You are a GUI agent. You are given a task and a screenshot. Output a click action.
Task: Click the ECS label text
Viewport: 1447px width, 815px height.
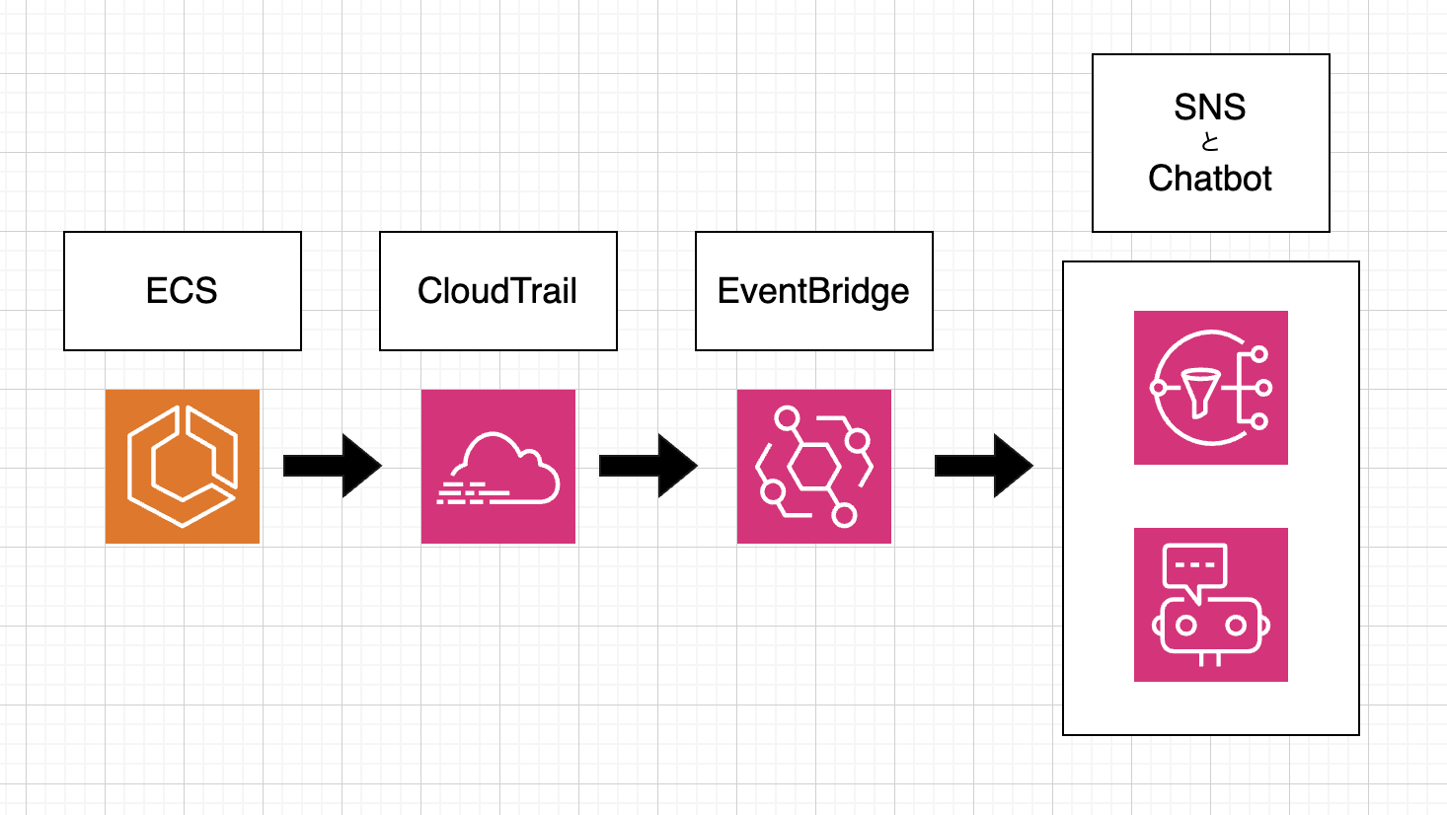pos(182,291)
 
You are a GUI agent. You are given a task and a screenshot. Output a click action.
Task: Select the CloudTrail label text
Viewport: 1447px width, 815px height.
pos(497,291)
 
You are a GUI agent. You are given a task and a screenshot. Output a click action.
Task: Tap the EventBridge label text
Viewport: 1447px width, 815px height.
pos(813,292)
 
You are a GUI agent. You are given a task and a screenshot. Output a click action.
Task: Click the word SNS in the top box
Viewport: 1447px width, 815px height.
pos(1210,107)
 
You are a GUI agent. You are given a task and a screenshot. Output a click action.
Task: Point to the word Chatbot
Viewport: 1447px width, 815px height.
pos(1210,179)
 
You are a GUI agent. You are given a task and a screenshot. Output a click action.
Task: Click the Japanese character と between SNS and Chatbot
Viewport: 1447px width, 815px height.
pos(1210,142)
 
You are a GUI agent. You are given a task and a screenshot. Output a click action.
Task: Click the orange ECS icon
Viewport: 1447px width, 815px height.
pos(183,467)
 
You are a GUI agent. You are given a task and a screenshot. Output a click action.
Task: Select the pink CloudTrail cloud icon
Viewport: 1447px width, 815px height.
pos(498,467)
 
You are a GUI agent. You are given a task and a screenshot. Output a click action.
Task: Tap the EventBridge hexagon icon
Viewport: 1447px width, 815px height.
pos(814,467)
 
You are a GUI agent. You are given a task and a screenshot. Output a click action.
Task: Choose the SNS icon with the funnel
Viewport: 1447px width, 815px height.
pos(1211,388)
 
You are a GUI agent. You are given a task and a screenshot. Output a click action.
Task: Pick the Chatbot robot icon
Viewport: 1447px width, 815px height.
pos(1211,605)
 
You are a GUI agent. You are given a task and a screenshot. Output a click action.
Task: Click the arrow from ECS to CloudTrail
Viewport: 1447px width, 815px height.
pos(332,466)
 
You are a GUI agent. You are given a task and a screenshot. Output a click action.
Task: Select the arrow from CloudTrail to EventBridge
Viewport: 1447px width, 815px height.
pos(647,466)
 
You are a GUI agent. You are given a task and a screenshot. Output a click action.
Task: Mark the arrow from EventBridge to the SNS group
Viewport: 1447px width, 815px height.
pos(983,466)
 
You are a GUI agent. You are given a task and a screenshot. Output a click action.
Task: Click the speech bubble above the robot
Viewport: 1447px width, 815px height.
pos(1195,567)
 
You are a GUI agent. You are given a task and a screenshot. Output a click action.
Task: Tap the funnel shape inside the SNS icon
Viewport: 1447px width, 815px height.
pos(1200,390)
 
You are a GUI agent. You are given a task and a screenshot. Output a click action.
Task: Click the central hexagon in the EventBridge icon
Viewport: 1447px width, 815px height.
pos(814,466)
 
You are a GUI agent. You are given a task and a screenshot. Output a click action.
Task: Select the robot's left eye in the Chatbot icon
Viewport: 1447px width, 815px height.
pos(1186,626)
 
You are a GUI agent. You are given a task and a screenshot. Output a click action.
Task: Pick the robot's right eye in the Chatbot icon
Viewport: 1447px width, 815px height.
pos(1236,626)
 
